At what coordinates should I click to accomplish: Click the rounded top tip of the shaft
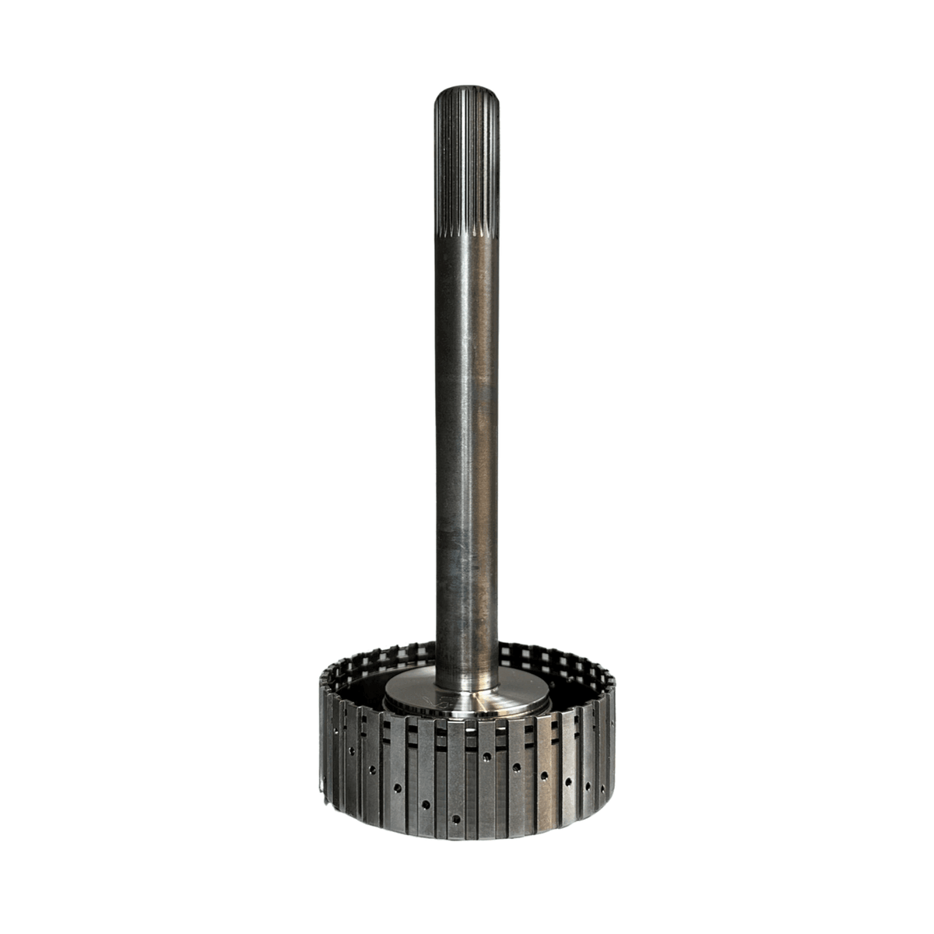pos(466,90)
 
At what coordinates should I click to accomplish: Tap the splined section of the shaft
pos(466,163)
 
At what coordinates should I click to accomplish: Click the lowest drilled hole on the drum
pos(455,819)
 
